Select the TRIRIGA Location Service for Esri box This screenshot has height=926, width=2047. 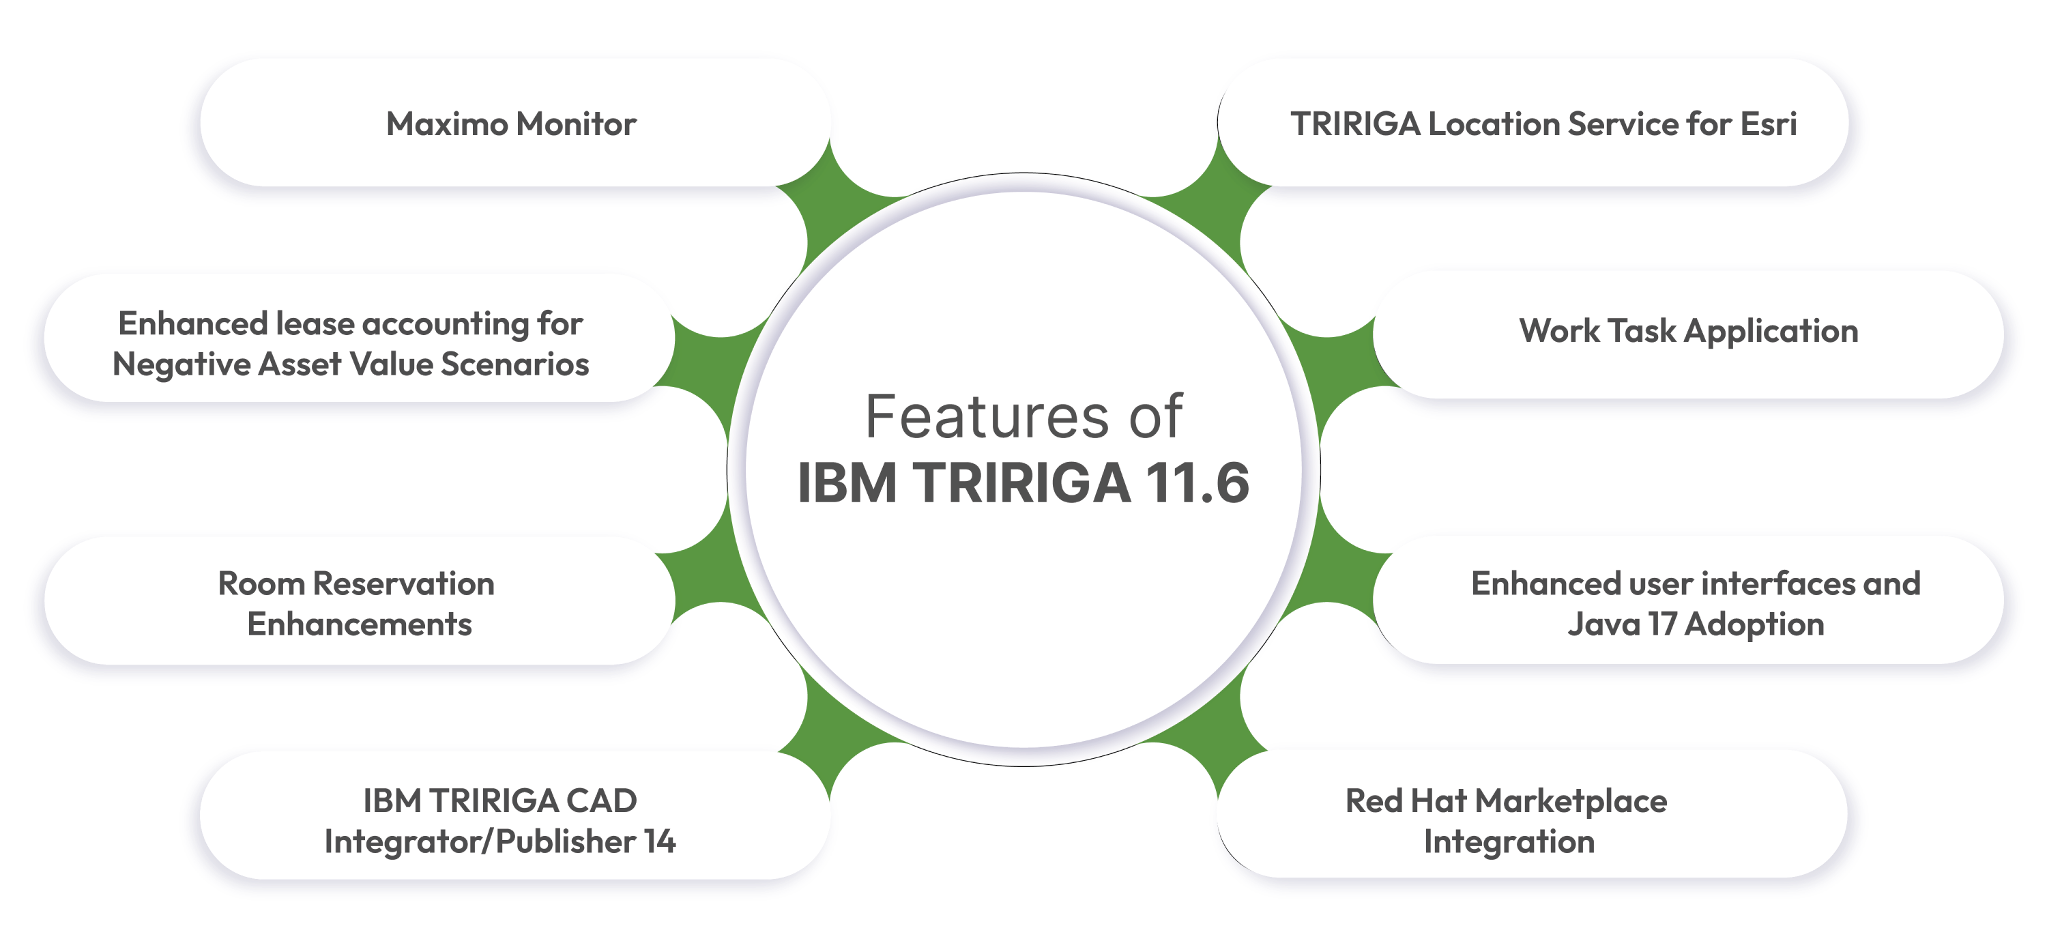(1534, 124)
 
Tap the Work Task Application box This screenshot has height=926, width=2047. (1689, 332)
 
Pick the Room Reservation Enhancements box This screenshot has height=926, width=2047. (358, 603)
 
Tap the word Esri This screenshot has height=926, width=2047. (1768, 124)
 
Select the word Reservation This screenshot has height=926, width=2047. (404, 583)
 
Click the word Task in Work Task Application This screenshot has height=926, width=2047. (1642, 332)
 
